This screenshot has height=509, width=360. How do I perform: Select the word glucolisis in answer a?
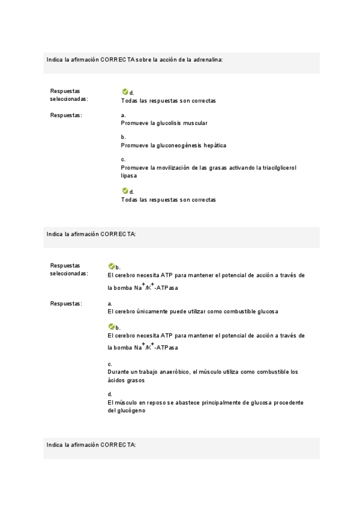[170, 123]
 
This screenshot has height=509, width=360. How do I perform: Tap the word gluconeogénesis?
[179, 145]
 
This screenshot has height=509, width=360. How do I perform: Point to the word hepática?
[214, 145]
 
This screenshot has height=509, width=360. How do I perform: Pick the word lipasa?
[128, 176]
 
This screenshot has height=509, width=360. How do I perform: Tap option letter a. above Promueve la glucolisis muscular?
[123, 115]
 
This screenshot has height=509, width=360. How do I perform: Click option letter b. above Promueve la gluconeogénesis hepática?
[123, 137]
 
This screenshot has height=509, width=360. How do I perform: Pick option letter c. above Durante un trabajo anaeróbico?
[110, 364]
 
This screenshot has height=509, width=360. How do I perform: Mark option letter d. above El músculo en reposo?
[110, 394]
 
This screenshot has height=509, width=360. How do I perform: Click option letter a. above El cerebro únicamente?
[110, 304]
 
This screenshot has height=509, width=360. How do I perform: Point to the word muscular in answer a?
[196, 123]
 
